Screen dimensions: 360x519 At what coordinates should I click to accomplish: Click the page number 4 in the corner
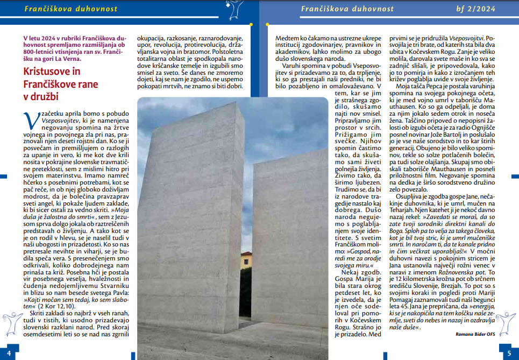tap(9, 353)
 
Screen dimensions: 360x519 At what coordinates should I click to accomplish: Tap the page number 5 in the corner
tap(509, 353)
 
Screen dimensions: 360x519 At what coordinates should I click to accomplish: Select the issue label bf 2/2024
tap(490, 9)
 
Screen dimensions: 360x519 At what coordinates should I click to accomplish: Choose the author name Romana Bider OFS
tap(476, 334)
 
